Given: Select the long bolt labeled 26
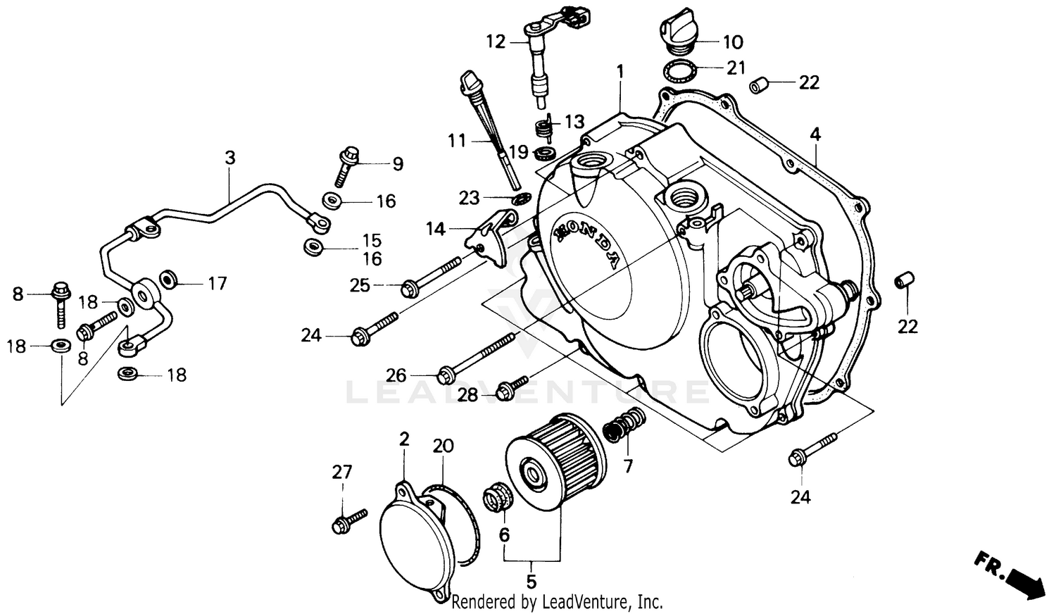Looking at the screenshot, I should tap(479, 359).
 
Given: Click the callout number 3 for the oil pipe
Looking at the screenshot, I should tap(230, 158).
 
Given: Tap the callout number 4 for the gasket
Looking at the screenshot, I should tap(815, 134).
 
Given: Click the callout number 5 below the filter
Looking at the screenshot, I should tap(532, 582).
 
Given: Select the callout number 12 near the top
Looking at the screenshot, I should tap(496, 42).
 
